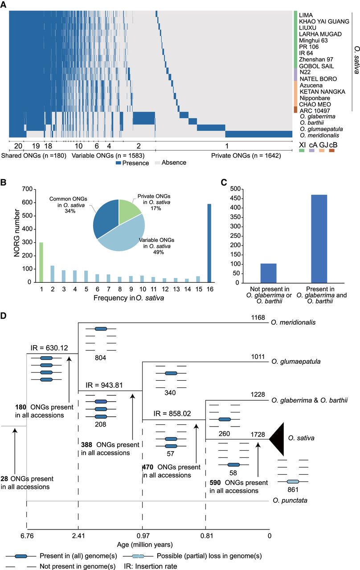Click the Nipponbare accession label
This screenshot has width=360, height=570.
click(x=315, y=98)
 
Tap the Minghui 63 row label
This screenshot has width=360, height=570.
click(x=313, y=41)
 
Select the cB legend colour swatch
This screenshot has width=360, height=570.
click(x=331, y=151)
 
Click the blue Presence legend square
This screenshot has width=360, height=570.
click(x=118, y=163)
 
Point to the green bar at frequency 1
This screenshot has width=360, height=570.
click(x=41, y=262)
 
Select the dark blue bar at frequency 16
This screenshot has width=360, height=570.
click(x=209, y=243)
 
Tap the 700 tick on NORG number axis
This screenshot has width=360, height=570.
click(x=27, y=189)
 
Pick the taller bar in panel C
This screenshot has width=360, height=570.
click(x=319, y=239)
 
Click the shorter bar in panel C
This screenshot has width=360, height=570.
click(x=268, y=273)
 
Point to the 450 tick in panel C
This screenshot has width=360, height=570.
click(x=235, y=198)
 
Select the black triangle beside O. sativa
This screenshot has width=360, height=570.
click(x=277, y=439)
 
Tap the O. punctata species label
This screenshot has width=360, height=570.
click(x=290, y=500)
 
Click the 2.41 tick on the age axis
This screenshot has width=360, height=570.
click(x=78, y=536)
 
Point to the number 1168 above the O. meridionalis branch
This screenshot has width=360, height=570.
click(x=258, y=318)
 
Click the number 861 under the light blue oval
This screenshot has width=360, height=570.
click(x=293, y=489)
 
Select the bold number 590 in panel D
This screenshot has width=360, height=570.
click(x=215, y=482)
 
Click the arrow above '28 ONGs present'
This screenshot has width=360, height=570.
click(x=15, y=451)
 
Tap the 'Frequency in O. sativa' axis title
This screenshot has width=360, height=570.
click(x=129, y=298)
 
